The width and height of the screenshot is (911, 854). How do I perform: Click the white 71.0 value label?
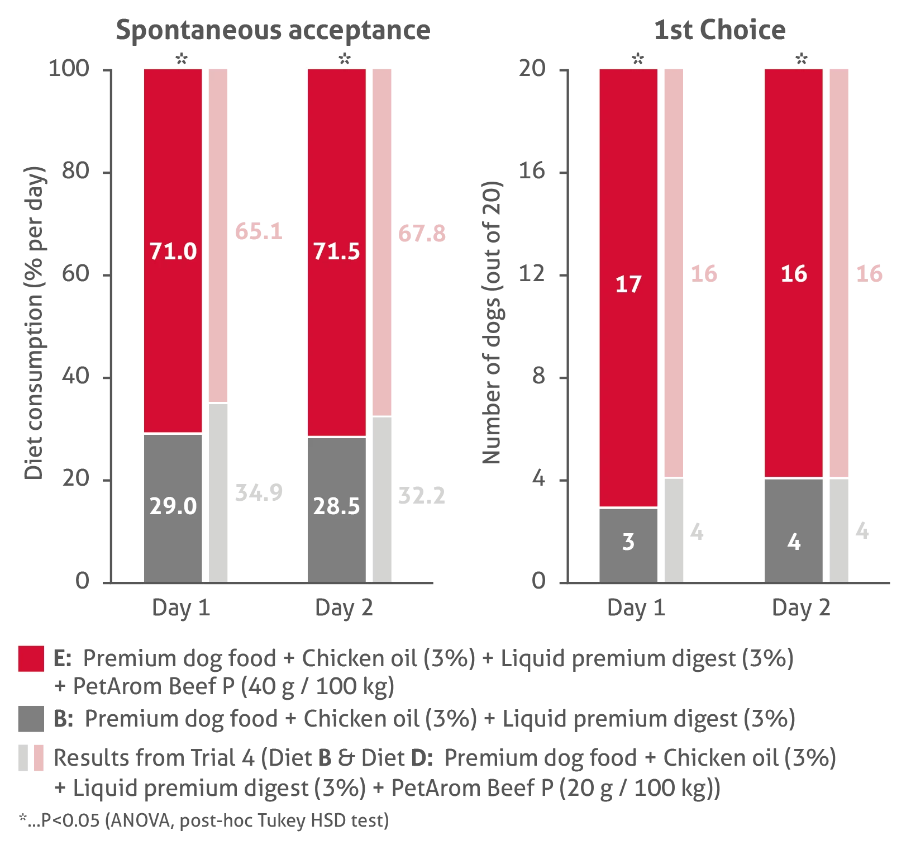(x=173, y=252)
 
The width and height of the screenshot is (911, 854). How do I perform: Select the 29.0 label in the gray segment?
(x=173, y=506)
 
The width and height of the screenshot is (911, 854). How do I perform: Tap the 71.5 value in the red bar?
(x=336, y=252)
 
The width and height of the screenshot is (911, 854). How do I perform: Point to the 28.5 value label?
(x=336, y=506)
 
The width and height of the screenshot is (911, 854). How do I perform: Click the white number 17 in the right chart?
(x=628, y=284)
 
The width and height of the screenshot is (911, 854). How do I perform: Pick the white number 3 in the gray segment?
(x=628, y=542)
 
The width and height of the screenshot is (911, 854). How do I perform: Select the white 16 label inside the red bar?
(x=794, y=274)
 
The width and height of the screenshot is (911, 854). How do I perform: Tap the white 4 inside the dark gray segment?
(x=794, y=542)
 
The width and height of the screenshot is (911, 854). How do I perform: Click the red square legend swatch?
(x=31, y=658)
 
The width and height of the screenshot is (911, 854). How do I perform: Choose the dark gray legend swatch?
(x=31, y=718)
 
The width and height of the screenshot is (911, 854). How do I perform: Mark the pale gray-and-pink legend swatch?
(x=31, y=758)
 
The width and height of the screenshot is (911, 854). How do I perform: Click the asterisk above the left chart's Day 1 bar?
(x=180, y=58)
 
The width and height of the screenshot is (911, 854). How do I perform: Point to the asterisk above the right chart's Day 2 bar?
(x=802, y=58)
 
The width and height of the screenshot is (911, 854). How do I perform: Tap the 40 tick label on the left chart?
(x=74, y=375)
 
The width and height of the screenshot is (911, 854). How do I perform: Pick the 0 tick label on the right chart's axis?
(x=538, y=581)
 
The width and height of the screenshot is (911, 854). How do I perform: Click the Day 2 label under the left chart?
(x=344, y=607)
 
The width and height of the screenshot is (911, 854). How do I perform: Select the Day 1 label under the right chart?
(x=637, y=607)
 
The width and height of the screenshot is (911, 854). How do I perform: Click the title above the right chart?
(x=719, y=30)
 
